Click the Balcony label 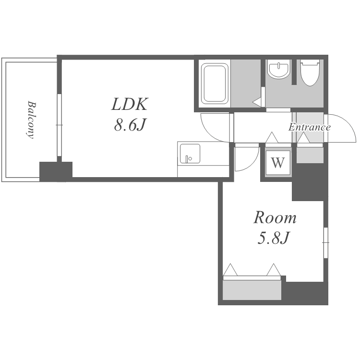tap(31, 120)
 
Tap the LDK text tap(130, 105)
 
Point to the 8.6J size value tap(130, 125)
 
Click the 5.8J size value tap(273, 238)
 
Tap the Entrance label tap(310, 127)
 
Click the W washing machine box tap(278, 163)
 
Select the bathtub tap(215, 84)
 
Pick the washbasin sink tap(279, 69)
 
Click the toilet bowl tap(310, 73)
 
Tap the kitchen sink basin tap(190, 154)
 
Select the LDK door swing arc tap(209, 133)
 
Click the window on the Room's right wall tap(326, 242)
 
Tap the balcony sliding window tap(59, 125)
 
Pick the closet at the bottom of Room tap(252, 290)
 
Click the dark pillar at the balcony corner tap(56, 171)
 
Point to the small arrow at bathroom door tap(257, 102)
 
